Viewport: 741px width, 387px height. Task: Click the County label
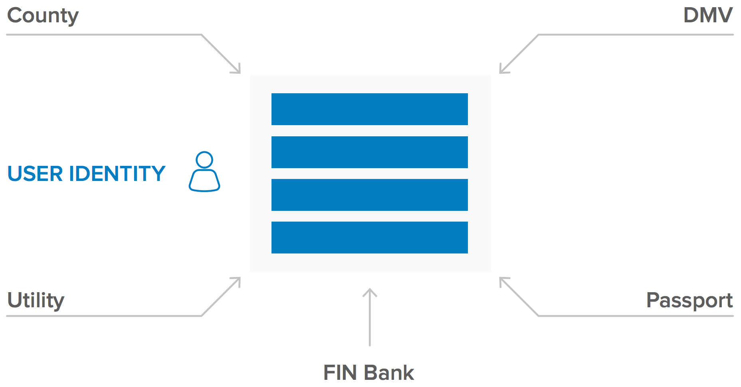pyautogui.click(x=43, y=16)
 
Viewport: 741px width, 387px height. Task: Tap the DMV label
pyautogui.click(x=708, y=16)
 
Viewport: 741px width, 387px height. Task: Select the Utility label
pyautogui.click(x=36, y=300)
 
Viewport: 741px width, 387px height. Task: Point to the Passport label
pyautogui.click(x=689, y=300)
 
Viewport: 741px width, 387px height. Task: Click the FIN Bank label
pyautogui.click(x=369, y=373)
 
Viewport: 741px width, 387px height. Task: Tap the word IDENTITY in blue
pyautogui.click(x=117, y=174)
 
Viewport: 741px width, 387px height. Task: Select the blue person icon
pyautogui.click(x=204, y=172)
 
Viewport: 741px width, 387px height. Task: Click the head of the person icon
pyautogui.click(x=204, y=159)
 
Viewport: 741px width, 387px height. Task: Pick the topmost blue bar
pyautogui.click(x=369, y=109)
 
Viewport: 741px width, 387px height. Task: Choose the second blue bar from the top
pyautogui.click(x=369, y=152)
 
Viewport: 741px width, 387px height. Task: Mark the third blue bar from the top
pyautogui.click(x=369, y=195)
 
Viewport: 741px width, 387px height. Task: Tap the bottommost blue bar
pyautogui.click(x=369, y=238)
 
